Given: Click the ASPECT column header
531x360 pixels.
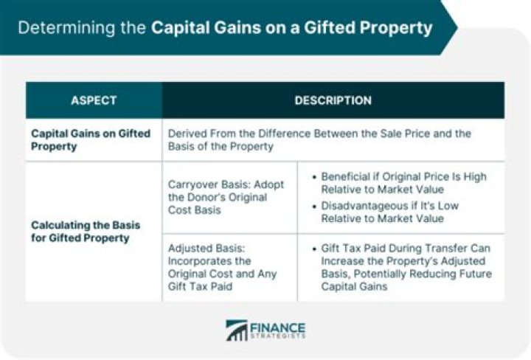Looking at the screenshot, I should [x=94, y=100].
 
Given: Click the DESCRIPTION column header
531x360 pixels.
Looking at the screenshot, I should [x=333, y=100].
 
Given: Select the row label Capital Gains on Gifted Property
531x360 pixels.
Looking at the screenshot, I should [x=91, y=139].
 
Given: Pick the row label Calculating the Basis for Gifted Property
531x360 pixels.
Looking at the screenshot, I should [x=87, y=231].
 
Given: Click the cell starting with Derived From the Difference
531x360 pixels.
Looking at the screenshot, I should [x=319, y=139].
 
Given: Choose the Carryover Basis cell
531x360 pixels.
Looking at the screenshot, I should [x=226, y=198].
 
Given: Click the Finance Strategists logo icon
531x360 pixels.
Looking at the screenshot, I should [x=236, y=330].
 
